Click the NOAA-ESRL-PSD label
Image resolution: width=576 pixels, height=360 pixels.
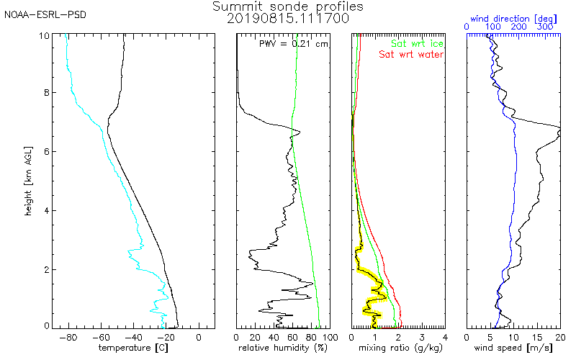pos(45,15)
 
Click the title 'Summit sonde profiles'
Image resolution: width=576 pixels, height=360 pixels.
pos(287,6)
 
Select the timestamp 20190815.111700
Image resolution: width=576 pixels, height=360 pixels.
pos(287,19)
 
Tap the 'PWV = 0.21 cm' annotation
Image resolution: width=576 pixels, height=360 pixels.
pos(293,44)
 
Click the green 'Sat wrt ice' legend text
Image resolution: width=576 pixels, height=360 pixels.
pos(417,44)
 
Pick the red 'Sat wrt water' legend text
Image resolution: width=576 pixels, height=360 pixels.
pos(411,55)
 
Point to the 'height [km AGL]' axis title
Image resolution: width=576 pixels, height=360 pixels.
pos(28,181)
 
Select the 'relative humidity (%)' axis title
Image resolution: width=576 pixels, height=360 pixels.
pos(283,348)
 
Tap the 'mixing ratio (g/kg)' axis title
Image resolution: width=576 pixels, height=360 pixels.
pos(400,348)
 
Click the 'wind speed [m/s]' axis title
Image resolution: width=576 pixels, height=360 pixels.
pos(513,348)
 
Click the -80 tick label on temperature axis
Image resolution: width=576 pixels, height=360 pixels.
pos(68,337)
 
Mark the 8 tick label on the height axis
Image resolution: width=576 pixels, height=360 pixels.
pos(47,93)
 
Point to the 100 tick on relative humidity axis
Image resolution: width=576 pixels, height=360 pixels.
pos(330,337)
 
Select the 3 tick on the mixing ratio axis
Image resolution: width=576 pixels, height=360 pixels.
pos(422,337)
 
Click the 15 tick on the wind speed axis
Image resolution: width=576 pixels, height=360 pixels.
pos(537,337)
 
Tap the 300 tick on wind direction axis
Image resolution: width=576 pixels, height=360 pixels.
pos(545,27)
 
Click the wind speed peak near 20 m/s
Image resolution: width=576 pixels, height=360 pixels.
pos(559,132)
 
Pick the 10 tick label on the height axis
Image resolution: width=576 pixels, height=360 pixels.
pos(44,36)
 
